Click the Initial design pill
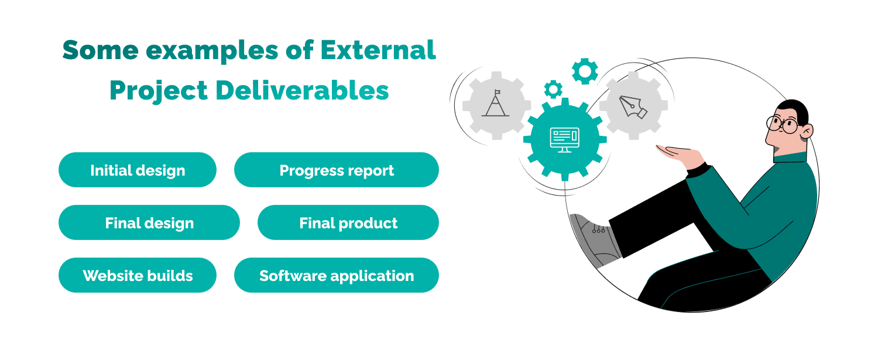(138, 170)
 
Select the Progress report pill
(337, 170)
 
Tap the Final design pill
(149, 223)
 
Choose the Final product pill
(348, 223)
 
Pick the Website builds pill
(138, 276)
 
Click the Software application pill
(337, 276)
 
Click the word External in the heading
(378, 50)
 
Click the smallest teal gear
(553, 89)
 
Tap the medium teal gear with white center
(585, 71)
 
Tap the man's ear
(807, 131)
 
